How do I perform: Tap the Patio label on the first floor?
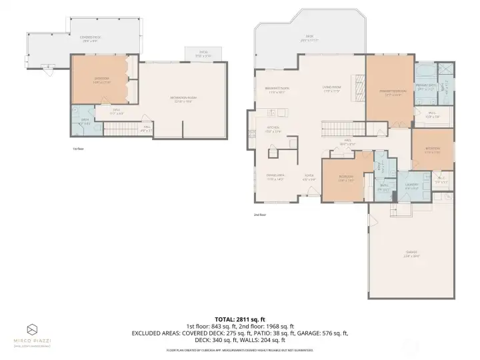point(203,55)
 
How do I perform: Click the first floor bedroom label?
point(101,80)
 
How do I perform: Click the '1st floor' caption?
point(79,149)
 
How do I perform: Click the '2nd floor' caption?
point(260,215)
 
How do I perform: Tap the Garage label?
point(411,253)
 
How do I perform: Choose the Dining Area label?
point(275,177)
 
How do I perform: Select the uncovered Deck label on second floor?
point(309,38)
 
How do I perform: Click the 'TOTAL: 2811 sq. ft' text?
point(239,319)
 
